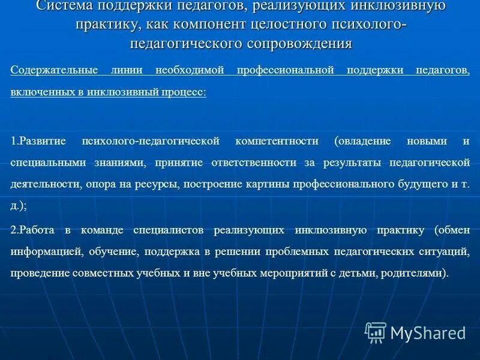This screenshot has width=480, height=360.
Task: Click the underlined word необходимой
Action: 190,70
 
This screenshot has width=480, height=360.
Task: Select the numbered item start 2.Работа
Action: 34,230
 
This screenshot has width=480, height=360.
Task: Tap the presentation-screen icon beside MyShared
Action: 376,332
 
